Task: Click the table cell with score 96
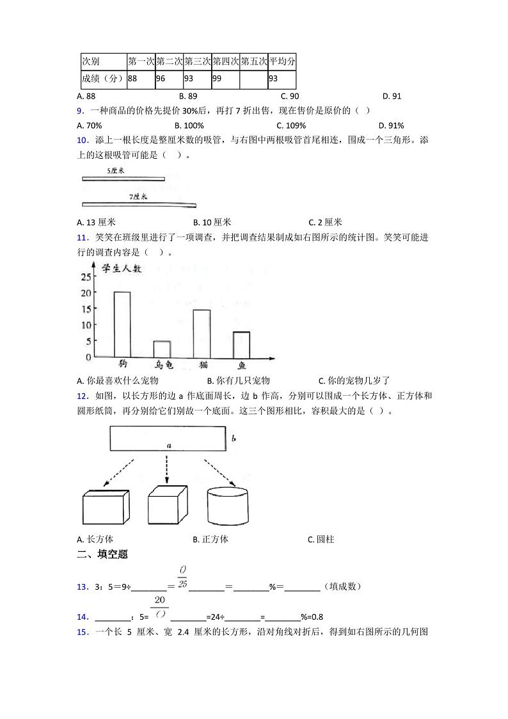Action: (169, 79)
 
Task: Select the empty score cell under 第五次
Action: (253, 79)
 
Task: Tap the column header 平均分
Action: (282, 61)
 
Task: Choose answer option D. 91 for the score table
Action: (392, 96)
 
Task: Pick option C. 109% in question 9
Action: (291, 125)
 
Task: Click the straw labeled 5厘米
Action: (123, 179)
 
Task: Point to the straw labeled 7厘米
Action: (139, 205)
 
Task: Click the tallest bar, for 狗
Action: (122, 324)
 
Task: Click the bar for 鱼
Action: (241, 344)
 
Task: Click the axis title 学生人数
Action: (123, 271)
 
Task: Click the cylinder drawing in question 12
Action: (228, 506)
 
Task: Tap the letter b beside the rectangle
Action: (234, 439)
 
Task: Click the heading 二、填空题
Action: (102, 554)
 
